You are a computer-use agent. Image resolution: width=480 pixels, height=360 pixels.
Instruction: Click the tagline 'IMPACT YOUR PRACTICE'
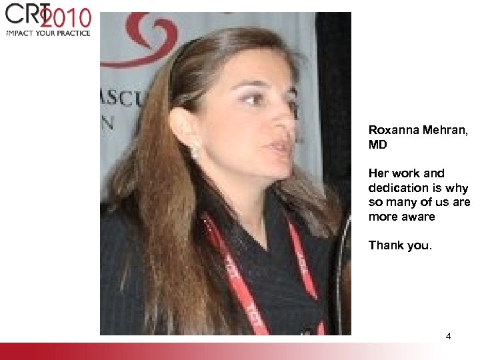pos(48,32)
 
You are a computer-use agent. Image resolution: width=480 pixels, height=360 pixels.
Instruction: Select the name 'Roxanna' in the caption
pos(392,130)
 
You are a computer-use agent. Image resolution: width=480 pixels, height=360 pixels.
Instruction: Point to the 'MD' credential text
pos(377,144)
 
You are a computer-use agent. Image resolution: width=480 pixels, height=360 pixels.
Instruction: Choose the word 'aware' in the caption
pos(418,217)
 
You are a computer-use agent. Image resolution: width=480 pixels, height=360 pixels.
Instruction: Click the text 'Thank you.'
pos(400,245)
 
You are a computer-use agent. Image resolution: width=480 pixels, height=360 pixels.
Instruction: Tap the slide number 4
pos(448,336)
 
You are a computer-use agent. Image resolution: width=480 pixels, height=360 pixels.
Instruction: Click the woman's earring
pos(195,150)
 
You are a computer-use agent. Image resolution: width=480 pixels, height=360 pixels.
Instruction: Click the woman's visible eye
pos(254,99)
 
